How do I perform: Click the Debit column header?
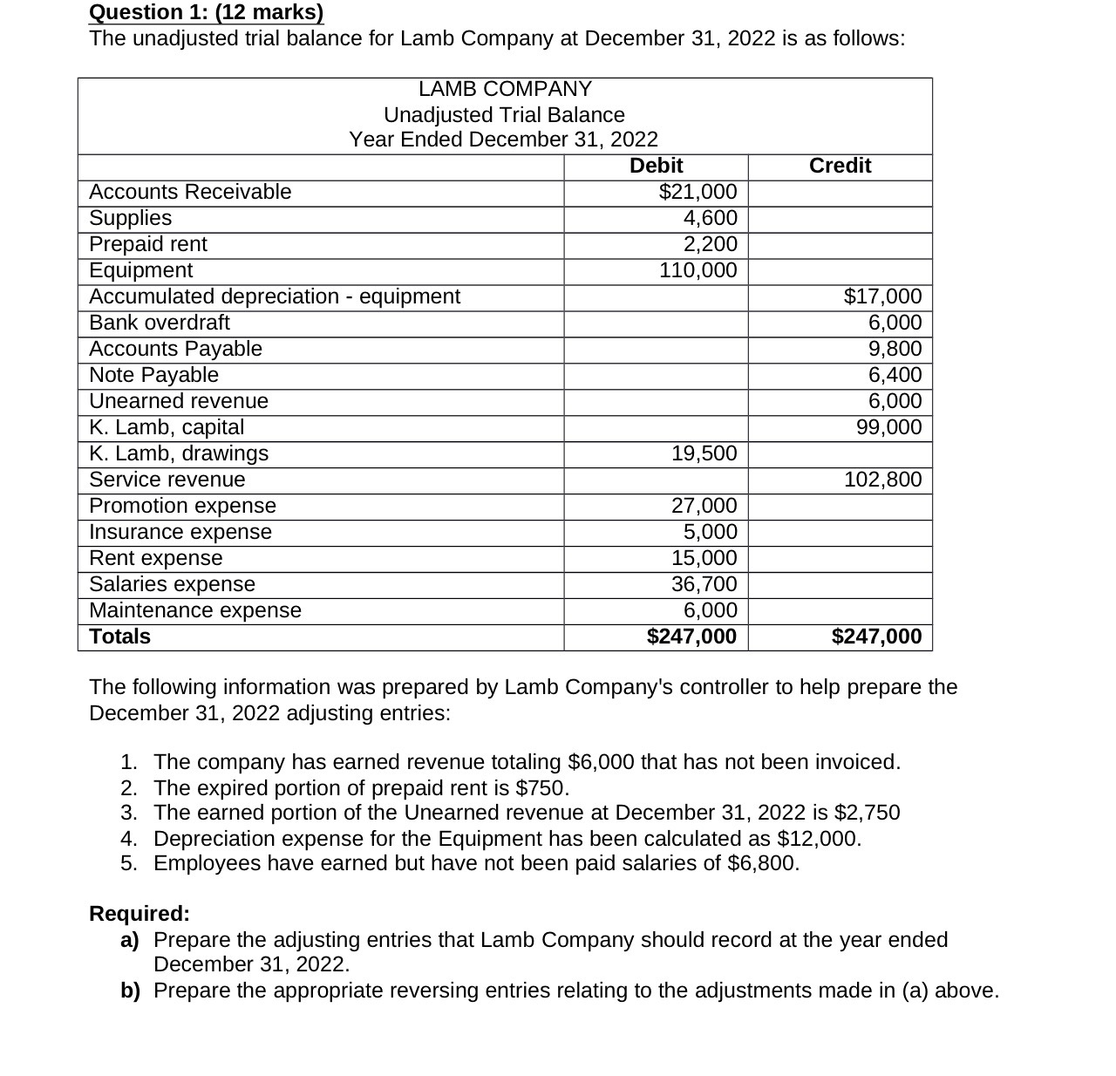pos(656,166)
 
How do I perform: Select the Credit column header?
pos(840,166)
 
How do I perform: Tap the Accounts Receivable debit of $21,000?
pos(697,192)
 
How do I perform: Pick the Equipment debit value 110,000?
pos(697,270)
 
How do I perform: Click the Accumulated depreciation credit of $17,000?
pos(882,296)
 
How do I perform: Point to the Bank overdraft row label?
pos(160,323)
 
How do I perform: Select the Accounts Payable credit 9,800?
pos(895,349)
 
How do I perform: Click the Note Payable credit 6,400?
pos(895,375)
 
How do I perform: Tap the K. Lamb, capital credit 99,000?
pos(889,427)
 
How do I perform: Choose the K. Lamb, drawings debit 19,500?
pos(704,453)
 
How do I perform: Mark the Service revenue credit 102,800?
pos(882,480)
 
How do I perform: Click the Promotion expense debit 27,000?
pos(704,506)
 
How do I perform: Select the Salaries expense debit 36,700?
pos(704,584)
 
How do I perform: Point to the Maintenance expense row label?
pos(195,610)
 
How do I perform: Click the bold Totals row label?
pos(120,637)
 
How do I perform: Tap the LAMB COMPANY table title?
pos(505,89)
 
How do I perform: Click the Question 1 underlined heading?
pos(206,12)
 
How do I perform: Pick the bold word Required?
pos(139,914)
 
